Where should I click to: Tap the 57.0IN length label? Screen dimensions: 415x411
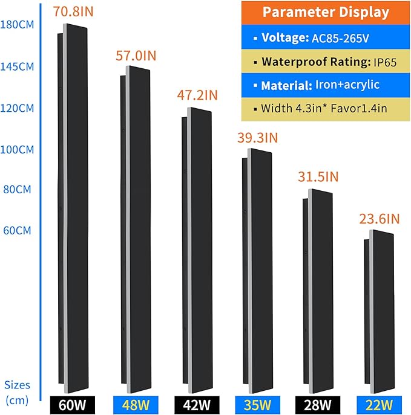click(x=136, y=56)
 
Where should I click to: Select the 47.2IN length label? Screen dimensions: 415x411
click(x=197, y=95)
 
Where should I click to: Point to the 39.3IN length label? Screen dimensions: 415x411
click(x=257, y=138)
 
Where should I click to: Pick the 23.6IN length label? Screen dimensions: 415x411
click(x=378, y=218)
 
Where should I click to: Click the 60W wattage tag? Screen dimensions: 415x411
click(x=73, y=402)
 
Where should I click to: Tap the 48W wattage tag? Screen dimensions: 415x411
click(x=134, y=402)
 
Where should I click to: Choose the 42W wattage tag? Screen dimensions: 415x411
click(x=196, y=402)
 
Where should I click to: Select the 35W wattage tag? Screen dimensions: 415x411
click(x=257, y=402)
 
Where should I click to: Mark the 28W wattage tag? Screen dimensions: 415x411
click(x=317, y=402)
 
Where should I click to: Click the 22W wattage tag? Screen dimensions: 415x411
click(x=378, y=402)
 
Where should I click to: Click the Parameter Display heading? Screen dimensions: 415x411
click(x=325, y=13)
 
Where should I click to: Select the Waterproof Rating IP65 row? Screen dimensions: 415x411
click(x=325, y=62)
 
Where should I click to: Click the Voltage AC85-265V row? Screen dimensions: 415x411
click(x=325, y=37)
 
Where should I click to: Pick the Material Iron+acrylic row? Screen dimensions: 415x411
click(x=325, y=85)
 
